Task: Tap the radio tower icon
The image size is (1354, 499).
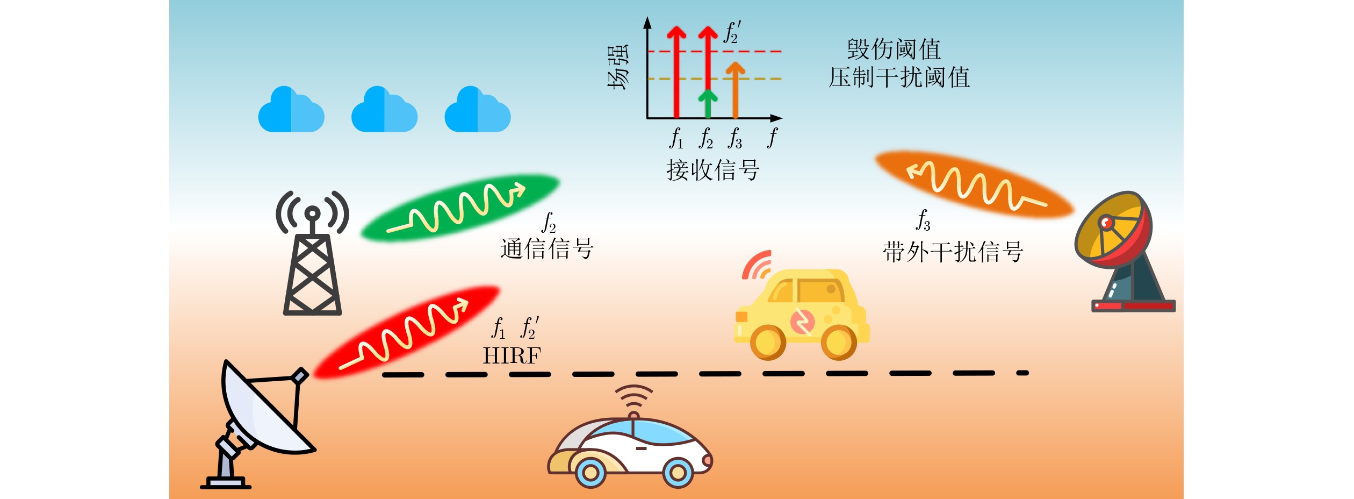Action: [x=312, y=253]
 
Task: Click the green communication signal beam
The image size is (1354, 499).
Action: [x=460, y=208]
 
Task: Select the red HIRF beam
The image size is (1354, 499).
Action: [x=407, y=332]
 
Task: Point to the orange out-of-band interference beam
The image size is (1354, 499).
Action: [x=974, y=184]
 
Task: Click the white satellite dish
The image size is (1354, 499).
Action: [x=258, y=425]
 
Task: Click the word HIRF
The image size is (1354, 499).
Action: [x=512, y=356]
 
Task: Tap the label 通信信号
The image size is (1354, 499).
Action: [x=546, y=249]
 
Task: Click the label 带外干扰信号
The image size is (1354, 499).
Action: [x=953, y=252]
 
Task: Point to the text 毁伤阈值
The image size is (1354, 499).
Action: [x=894, y=49]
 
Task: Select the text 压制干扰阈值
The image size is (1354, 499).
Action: [x=899, y=77]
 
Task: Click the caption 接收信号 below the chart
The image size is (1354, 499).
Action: [x=713, y=170]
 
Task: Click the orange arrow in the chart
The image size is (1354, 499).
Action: [x=735, y=90]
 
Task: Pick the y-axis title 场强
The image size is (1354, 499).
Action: [x=617, y=67]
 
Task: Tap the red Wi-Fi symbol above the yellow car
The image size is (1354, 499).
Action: [x=757, y=265]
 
